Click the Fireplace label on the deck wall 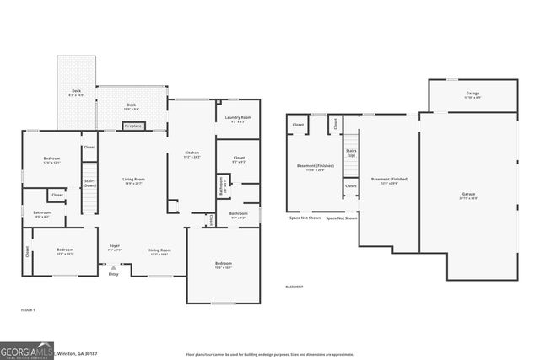click(132, 126)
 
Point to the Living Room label click(133, 180)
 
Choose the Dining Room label click(159, 251)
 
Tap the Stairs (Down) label click(89, 182)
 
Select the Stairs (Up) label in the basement click(350, 153)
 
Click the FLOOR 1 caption click(29, 311)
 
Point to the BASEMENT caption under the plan click(294, 287)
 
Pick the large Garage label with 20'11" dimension click(468, 196)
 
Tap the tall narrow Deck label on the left click(77, 93)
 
